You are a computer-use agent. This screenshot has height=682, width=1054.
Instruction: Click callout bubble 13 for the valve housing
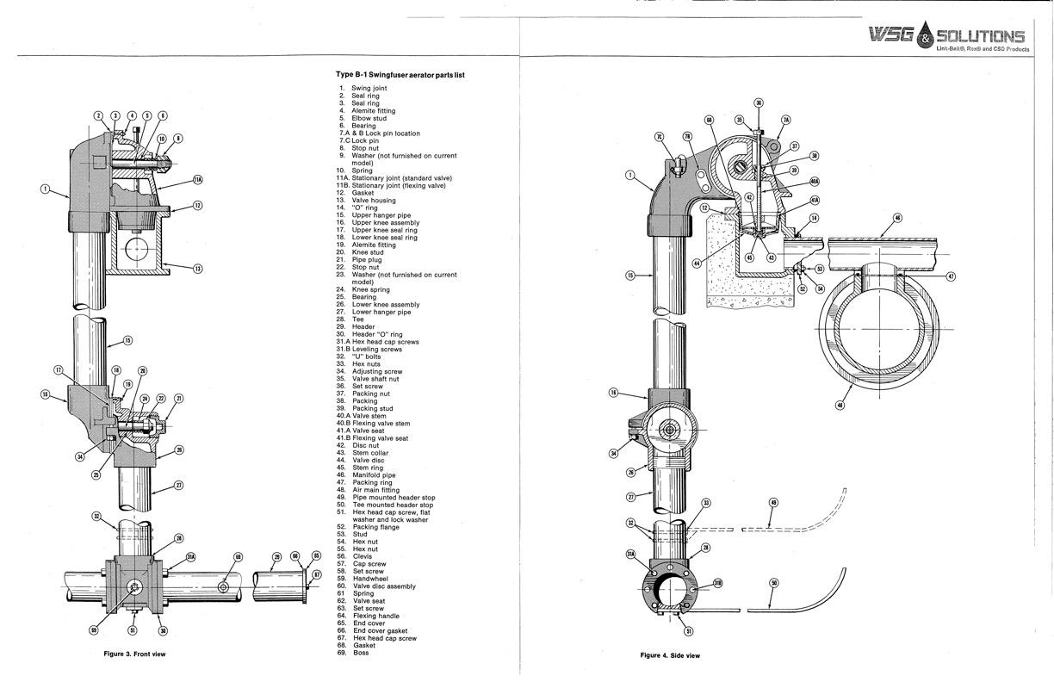(x=196, y=270)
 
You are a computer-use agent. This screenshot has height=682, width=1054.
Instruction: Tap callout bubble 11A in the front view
(x=197, y=180)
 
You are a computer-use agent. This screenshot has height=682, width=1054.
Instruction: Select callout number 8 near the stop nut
(x=178, y=138)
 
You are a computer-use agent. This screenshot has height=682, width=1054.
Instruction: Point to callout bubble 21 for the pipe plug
(x=178, y=398)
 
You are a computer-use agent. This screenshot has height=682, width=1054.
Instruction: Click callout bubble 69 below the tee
(x=94, y=631)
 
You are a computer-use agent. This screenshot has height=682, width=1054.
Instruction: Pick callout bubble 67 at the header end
(x=316, y=573)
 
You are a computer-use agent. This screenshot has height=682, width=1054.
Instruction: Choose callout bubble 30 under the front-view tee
(x=163, y=631)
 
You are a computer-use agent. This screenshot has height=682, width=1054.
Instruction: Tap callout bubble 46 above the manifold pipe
(x=897, y=219)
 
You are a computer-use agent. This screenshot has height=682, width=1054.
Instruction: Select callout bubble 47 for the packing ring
(x=952, y=276)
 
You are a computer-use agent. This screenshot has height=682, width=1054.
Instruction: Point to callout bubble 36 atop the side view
(x=759, y=102)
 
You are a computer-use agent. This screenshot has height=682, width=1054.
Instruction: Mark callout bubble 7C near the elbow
(x=659, y=136)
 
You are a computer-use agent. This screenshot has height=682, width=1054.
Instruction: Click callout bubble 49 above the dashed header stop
(x=772, y=503)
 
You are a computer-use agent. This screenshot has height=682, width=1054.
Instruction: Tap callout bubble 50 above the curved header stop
(x=773, y=583)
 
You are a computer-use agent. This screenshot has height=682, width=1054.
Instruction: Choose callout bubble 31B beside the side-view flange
(x=717, y=583)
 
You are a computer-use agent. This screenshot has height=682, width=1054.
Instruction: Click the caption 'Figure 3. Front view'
(x=134, y=654)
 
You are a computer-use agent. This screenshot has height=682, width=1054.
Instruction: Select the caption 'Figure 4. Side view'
(x=670, y=655)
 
